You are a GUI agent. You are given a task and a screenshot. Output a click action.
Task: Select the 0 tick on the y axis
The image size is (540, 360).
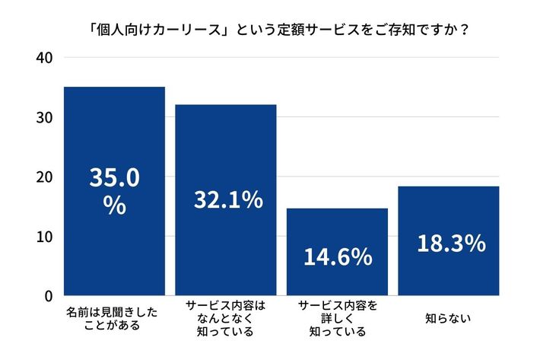point(48,295)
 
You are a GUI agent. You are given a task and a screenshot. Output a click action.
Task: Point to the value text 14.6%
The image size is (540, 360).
point(338,256)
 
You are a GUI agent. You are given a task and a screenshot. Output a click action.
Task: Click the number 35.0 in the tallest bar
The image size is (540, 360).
point(114,177)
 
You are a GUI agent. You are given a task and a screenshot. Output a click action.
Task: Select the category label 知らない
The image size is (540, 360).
point(449,318)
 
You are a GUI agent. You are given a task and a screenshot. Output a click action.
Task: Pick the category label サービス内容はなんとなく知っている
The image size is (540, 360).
point(226,318)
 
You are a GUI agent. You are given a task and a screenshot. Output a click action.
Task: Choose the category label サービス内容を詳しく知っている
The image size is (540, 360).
point(337,318)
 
